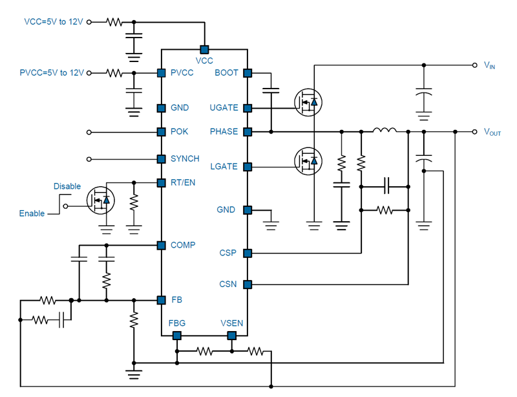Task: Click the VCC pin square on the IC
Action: click(204, 50)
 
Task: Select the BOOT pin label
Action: click(226, 72)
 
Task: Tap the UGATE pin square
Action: click(248, 108)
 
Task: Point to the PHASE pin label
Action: click(224, 131)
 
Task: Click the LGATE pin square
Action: click(248, 167)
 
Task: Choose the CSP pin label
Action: click(228, 253)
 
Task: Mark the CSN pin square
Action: click(248, 284)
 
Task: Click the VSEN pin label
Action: click(232, 323)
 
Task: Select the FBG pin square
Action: click(177, 336)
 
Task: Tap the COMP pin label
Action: click(183, 245)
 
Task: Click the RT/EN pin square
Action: click(161, 182)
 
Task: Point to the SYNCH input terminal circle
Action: click(89, 159)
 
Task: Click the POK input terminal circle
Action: click(89, 133)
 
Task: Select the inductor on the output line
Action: click(385, 130)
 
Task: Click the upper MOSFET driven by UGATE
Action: click(308, 102)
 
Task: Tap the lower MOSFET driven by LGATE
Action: click(308, 161)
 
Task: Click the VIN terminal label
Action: click(489, 65)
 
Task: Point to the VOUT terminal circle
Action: click(474, 132)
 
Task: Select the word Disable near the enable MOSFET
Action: click(67, 186)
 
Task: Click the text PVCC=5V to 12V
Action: click(52, 72)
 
